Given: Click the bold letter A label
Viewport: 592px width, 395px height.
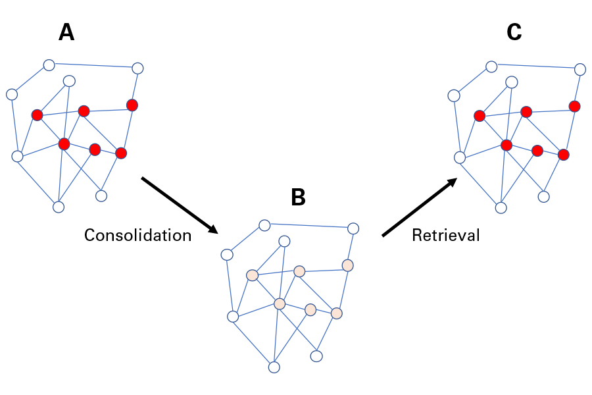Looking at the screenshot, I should (x=66, y=32).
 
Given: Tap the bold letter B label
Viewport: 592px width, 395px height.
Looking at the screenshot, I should (x=298, y=197).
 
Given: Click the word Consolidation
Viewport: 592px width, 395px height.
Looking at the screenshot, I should (x=137, y=235).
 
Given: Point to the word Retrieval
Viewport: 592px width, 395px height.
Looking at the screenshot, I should (x=446, y=235).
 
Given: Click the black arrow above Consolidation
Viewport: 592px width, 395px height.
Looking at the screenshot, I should (x=180, y=205).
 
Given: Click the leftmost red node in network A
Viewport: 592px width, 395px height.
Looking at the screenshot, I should (x=37, y=115).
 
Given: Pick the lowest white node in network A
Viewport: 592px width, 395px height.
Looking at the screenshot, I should (x=59, y=207).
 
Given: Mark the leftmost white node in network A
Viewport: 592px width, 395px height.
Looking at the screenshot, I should (x=11, y=94).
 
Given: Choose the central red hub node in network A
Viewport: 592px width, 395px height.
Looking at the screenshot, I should (x=64, y=144).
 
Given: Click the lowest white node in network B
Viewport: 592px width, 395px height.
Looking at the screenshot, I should (x=274, y=367).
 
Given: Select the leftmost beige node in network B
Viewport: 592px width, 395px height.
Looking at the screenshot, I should (x=252, y=275).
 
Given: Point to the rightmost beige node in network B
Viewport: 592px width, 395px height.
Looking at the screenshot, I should (x=348, y=265).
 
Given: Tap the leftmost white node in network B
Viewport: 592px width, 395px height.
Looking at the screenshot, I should (x=227, y=255).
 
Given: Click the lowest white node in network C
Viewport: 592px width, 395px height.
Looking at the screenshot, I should (x=501, y=207).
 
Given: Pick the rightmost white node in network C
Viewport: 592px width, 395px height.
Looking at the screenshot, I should (x=580, y=69).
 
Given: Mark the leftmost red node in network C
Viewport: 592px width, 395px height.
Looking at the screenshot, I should (x=480, y=116).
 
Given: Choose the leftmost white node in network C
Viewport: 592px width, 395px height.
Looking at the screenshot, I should (x=453, y=95).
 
